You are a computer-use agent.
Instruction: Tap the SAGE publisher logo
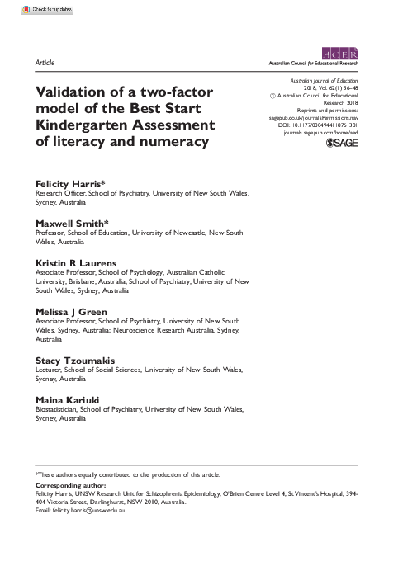tap(343, 143)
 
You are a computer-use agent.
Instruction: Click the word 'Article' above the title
tap(45, 63)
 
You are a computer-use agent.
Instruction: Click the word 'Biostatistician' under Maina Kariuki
tap(58, 409)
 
